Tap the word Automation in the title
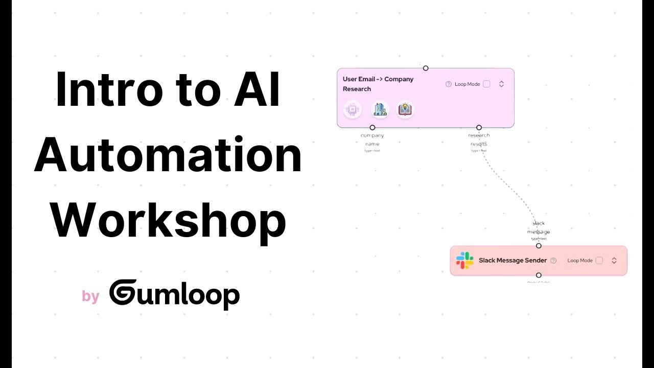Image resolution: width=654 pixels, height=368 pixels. click(x=168, y=156)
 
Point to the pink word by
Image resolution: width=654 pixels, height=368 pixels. click(x=90, y=296)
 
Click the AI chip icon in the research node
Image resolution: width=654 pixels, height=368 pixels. click(x=352, y=109)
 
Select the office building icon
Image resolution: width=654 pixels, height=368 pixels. click(x=380, y=109)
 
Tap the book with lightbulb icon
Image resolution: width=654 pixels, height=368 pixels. click(x=405, y=109)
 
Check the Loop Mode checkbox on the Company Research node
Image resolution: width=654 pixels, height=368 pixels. click(x=486, y=84)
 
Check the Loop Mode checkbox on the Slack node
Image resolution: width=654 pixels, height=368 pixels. click(x=599, y=260)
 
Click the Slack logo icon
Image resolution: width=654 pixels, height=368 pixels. click(x=464, y=260)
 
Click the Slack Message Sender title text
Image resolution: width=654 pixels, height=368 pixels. click(x=512, y=260)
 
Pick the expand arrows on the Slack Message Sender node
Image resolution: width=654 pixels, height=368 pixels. click(x=614, y=260)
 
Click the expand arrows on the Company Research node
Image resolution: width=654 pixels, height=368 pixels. click(x=501, y=84)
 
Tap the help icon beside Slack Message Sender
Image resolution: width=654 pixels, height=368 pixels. click(x=553, y=260)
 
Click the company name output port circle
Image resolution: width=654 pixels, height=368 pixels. click(x=372, y=127)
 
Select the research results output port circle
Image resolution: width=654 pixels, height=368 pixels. click(x=479, y=127)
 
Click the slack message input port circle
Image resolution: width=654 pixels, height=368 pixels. click(x=539, y=246)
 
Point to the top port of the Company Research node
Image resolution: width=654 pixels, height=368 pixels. click(x=426, y=68)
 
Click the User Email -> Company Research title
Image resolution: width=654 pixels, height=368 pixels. click(x=378, y=84)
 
